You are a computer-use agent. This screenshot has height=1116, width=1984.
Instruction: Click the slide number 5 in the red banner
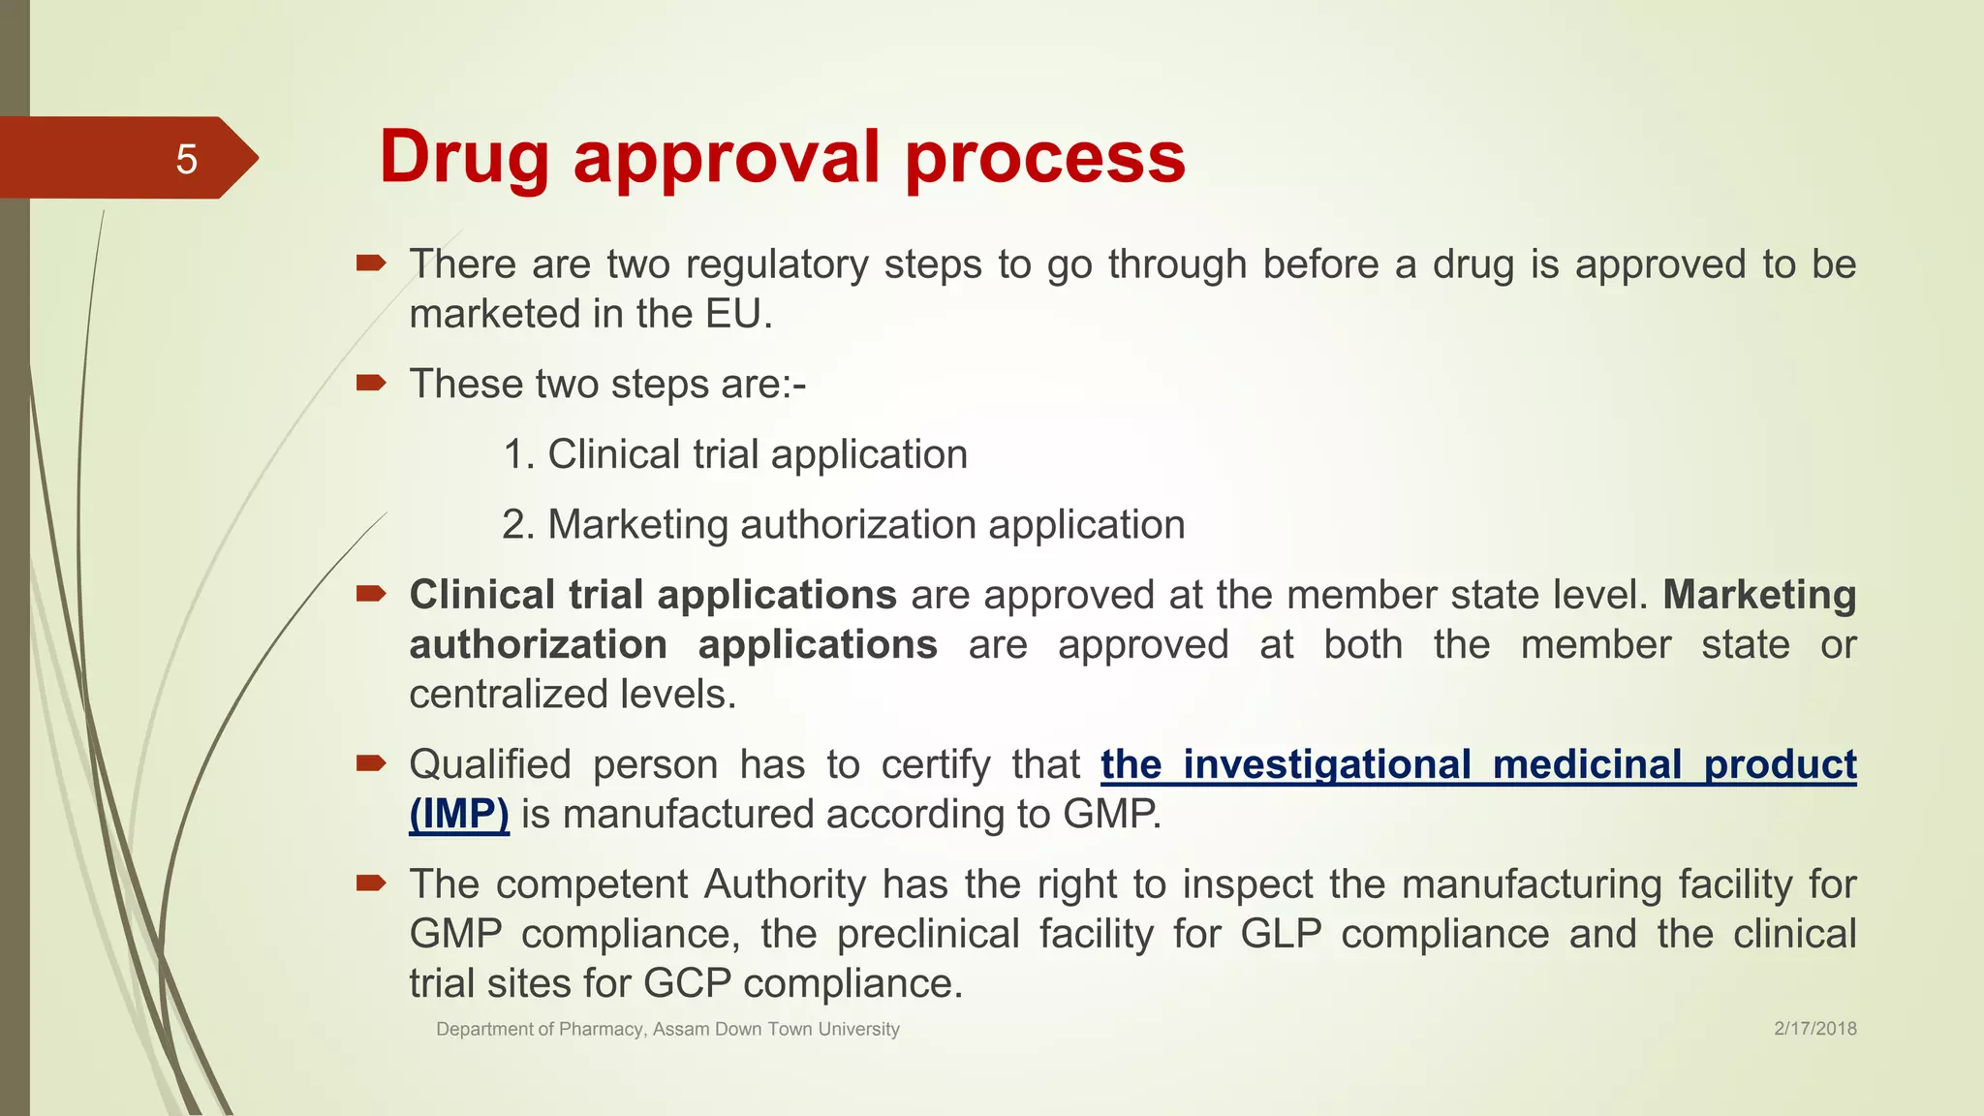tap(186, 159)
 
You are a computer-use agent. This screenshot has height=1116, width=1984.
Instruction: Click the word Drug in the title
tap(464, 157)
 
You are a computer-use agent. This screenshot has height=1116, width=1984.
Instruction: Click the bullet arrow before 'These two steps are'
tap(371, 384)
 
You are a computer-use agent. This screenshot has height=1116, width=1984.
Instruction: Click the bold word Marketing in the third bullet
tap(1759, 595)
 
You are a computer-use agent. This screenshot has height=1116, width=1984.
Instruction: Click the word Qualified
tap(490, 764)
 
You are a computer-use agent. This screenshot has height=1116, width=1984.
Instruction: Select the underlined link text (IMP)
tap(459, 814)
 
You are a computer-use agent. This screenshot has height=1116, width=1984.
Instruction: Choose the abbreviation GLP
tap(1281, 934)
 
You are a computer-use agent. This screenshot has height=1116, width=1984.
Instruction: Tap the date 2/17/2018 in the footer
tap(1814, 1029)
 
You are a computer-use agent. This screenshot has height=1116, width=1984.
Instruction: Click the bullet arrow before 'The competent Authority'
tap(371, 883)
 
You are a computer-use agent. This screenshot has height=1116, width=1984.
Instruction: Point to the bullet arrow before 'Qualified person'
tap(371, 763)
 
